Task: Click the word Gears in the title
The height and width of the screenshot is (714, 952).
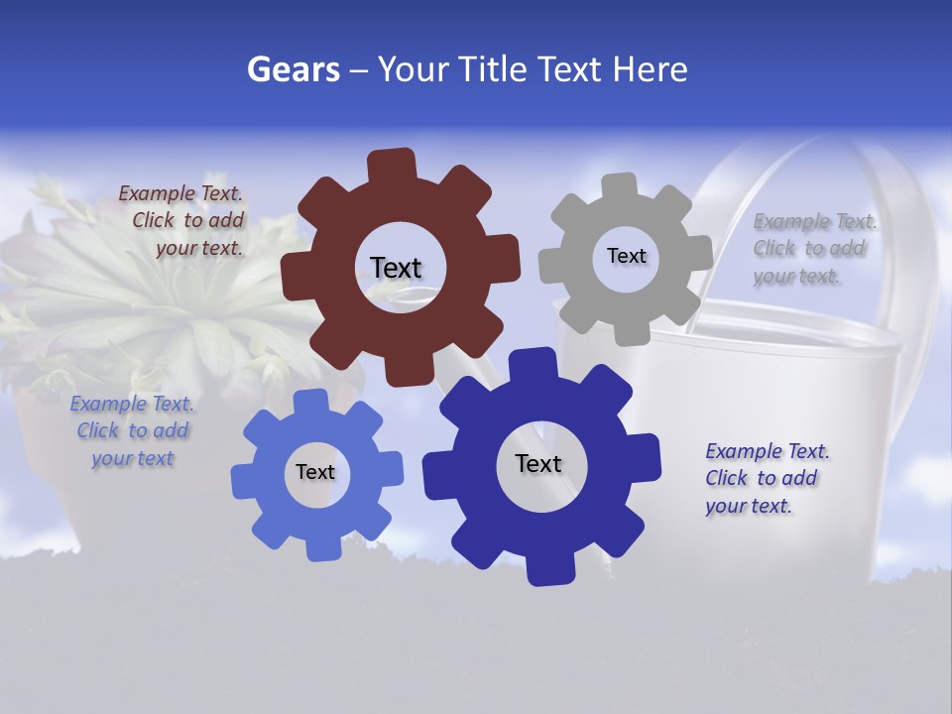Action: [x=294, y=70]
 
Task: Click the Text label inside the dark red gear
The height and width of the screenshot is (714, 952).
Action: [x=396, y=268]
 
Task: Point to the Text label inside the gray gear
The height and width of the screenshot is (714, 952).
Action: [x=626, y=256]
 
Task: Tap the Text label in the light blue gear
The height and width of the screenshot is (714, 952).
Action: [x=315, y=472]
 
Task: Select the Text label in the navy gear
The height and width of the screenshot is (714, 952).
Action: [x=538, y=463]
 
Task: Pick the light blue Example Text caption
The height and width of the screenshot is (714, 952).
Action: [x=132, y=430]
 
